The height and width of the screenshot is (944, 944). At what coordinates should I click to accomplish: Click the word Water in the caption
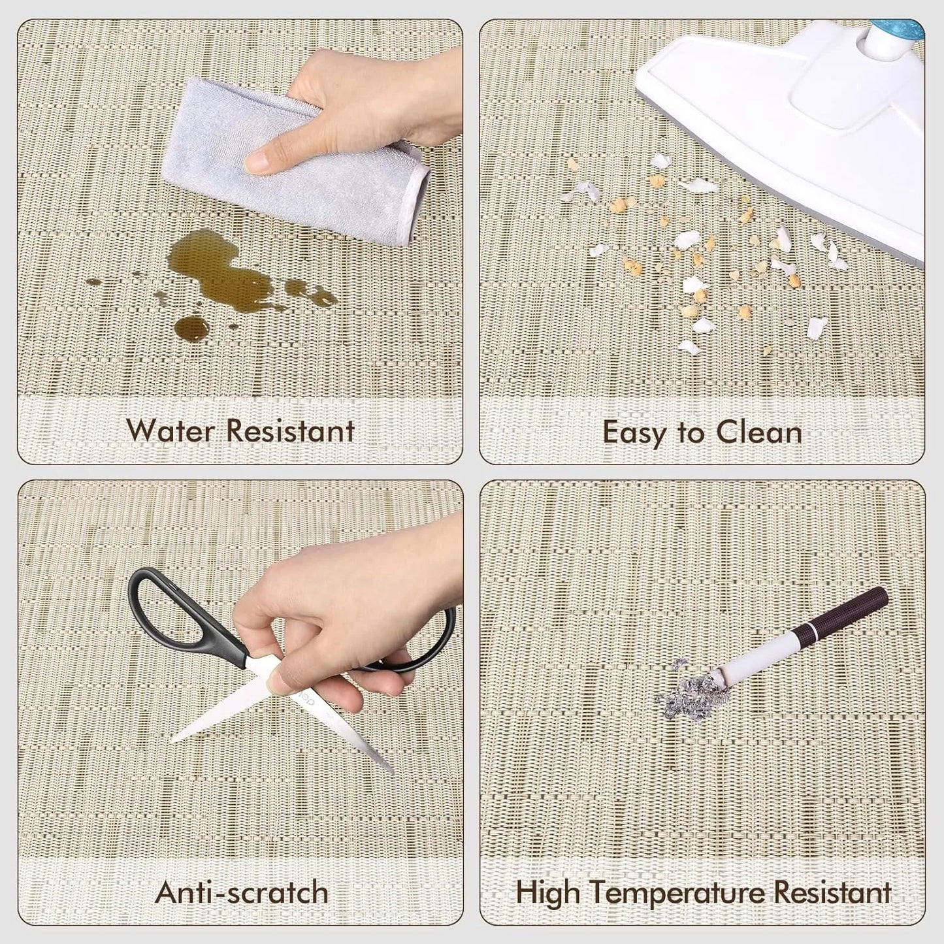[x=171, y=431]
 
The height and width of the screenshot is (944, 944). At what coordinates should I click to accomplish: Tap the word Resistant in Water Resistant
[x=291, y=431]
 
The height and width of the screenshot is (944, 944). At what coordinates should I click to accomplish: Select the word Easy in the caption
[x=632, y=433]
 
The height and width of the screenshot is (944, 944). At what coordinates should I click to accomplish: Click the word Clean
[x=759, y=432]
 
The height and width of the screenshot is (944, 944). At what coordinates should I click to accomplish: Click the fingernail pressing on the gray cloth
[x=258, y=161]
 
